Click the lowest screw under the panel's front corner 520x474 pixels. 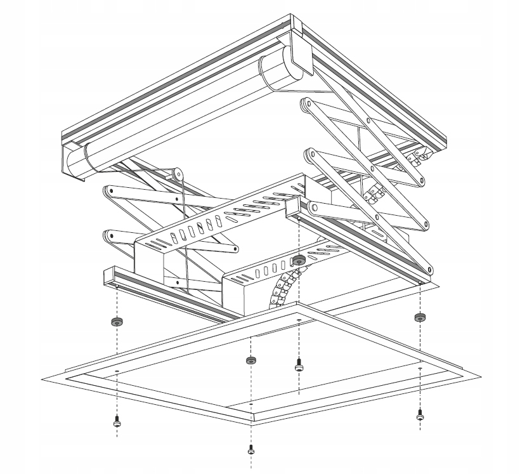[x=251, y=450]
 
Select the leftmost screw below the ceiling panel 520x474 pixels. [x=117, y=421]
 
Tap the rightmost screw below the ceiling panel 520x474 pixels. [x=420, y=416]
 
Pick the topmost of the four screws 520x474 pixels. [x=299, y=365]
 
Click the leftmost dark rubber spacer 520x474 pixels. [x=117, y=321]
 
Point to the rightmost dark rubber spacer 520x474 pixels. [x=419, y=317]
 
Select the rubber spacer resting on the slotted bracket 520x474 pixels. [x=299, y=260]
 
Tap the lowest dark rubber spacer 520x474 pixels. [x=251, y=360]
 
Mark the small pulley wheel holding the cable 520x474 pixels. [x=178, y=172]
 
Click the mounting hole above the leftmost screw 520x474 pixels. [x=117, y=371]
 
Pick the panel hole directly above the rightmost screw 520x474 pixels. [x=420, y=369]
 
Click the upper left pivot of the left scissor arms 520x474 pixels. [x=108, y=190]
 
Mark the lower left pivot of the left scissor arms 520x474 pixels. [x=110, y=235]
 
